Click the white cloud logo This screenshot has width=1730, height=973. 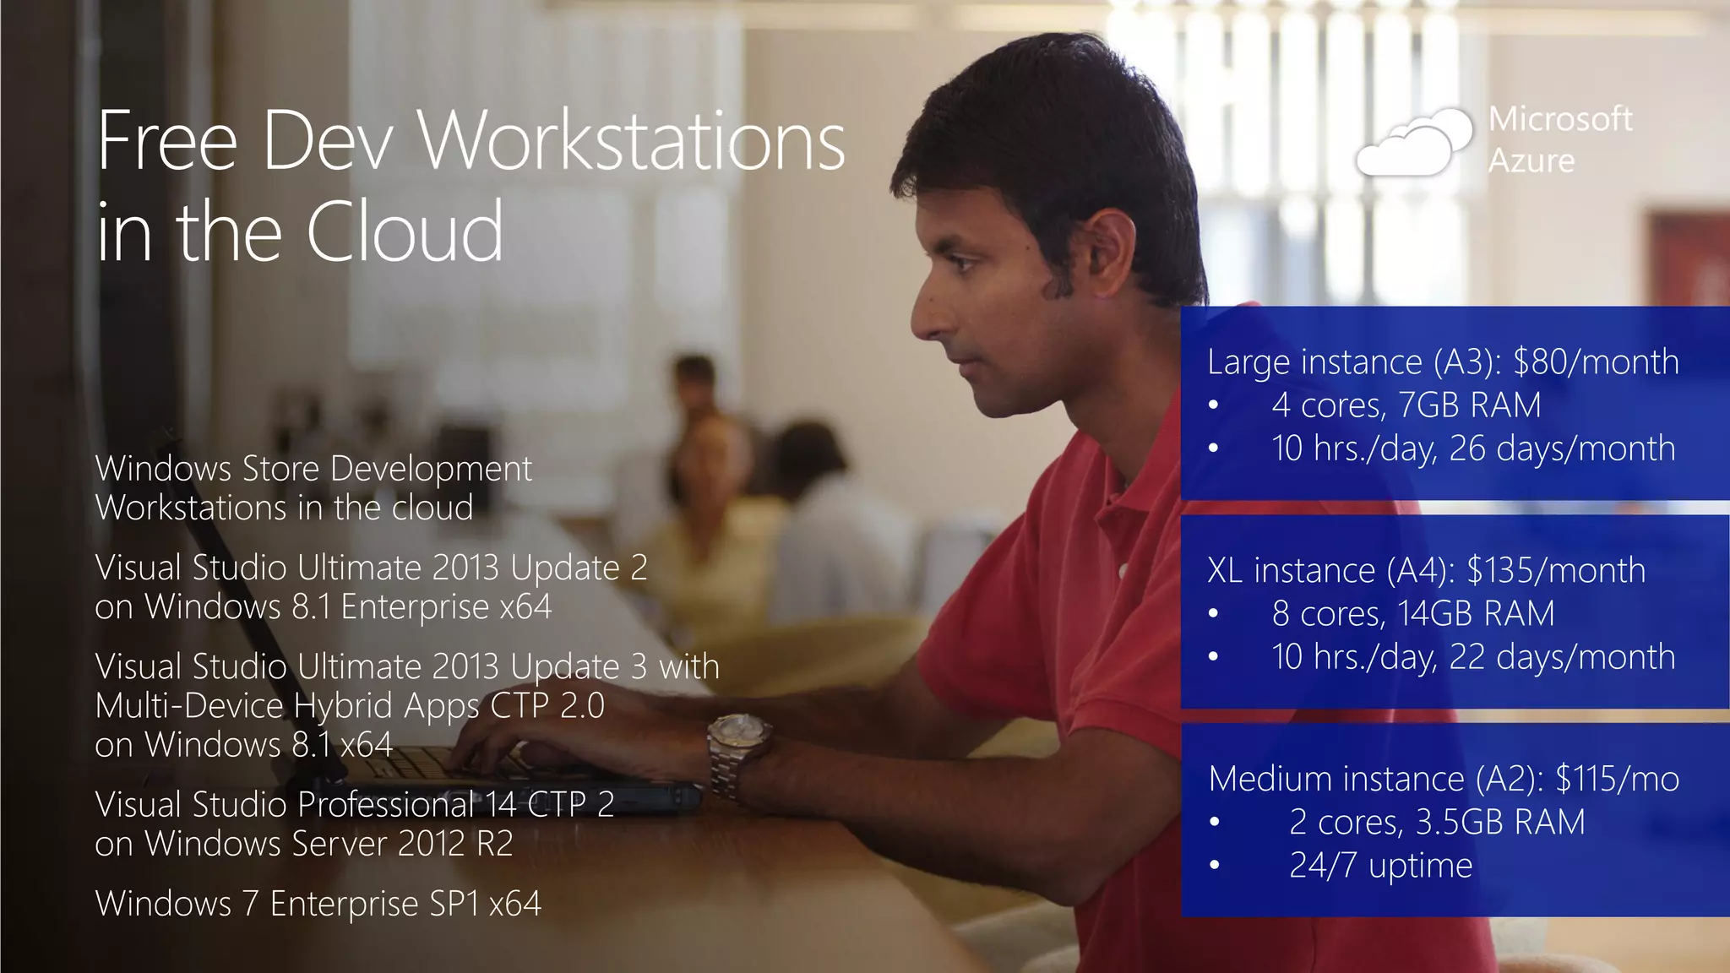[1412, 144]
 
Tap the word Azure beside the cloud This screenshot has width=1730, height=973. [1531, 160]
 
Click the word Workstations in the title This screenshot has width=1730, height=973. [631, 141]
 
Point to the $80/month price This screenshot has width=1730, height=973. [1596, 361]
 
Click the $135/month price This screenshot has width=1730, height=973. [1556, 570]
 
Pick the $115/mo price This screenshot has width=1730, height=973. [1617, 779]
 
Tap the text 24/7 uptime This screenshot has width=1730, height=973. [1380, 865]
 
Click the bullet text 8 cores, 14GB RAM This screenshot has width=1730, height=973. [1412, 614]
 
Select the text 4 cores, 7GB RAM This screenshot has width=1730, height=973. [1406, 405]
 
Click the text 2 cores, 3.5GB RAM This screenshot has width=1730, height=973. [1436, 822]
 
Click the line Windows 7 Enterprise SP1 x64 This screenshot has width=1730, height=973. [318, 904]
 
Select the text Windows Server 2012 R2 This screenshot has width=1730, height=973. [329, 844]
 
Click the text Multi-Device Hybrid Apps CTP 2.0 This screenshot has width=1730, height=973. [350, 705]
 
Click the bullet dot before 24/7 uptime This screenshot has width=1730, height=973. [1214, 865]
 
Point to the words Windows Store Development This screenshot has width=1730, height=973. [313, 469]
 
